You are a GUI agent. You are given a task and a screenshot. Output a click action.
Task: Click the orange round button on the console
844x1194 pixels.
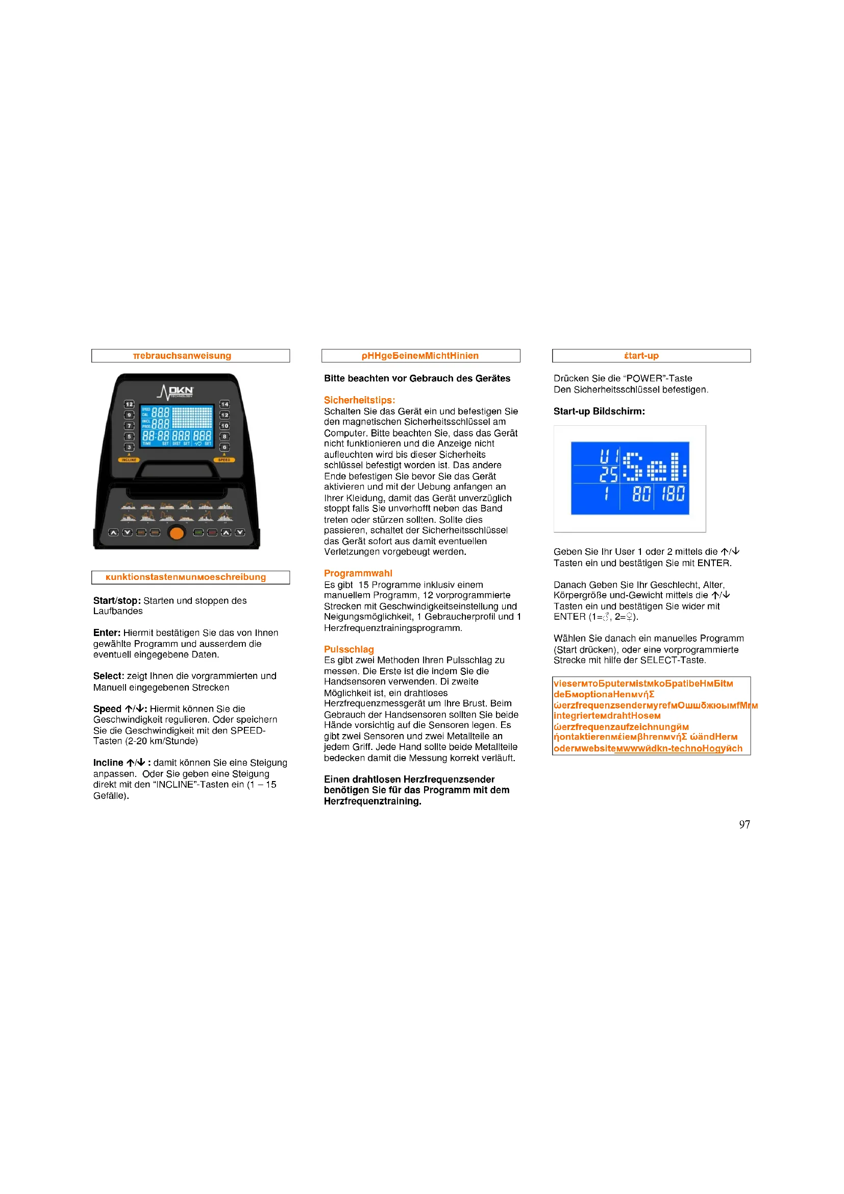point(177,532)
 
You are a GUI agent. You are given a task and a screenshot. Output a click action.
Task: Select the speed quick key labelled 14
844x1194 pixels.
point(225,404)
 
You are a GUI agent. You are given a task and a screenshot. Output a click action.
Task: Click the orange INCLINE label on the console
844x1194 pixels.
point(129,460)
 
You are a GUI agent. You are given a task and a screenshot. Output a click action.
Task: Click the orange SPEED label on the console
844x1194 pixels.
point(224,460)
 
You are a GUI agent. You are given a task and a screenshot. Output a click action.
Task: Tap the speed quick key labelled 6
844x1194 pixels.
point(225,447)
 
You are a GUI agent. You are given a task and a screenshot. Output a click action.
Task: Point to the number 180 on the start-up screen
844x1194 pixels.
point(673,494)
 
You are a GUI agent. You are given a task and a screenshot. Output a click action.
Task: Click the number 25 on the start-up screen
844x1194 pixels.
point(608,474)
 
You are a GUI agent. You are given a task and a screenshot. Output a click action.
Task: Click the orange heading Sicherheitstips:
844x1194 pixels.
point(359,400)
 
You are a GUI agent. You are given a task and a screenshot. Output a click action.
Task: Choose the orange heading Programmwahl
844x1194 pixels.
point(358,573)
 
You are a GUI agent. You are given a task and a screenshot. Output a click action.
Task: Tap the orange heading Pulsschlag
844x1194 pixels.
point(349,649)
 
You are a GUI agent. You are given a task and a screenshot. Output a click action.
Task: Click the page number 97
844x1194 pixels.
point(744,824)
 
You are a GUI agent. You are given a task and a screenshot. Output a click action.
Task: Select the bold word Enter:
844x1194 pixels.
point(107,632)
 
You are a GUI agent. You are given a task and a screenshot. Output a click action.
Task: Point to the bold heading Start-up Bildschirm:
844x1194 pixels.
point(599,411)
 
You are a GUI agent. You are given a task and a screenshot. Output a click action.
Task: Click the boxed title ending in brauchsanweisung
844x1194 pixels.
point(182,356)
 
